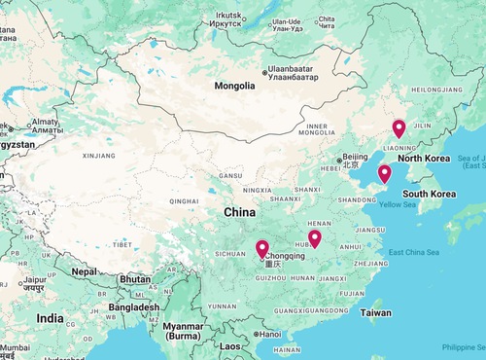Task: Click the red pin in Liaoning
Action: click(x=399, y=128)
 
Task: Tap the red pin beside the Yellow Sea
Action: click(x=385, y=174)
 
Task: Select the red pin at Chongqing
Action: click(x=262, y=249)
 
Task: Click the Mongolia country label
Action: click(x=242, y=86)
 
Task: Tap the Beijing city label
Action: click(x=355, y=157)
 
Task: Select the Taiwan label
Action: click(x=375, y=313)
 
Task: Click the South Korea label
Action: click(x=430, y=194)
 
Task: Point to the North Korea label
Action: click(x=424, y=159)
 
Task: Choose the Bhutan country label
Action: click(x=135, y=279)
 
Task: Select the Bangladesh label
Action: click(x=134, y=307)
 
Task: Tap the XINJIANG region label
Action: click(x=98, y=155)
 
